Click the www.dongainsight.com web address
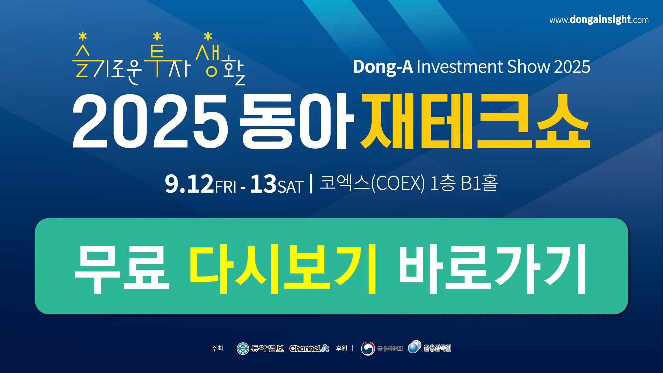point(599,20)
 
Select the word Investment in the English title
point(460,67)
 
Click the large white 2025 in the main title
point(150,121)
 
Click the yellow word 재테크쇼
point(476,121)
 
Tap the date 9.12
point(189,184)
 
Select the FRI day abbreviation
point(226,187)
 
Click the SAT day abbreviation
point(290,187)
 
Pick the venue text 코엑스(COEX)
point(372,183)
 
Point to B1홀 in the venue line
point(479,183)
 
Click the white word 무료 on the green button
point(121,269)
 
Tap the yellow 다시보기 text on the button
point(283,269)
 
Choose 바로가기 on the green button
point(492,269)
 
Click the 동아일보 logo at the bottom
point(260,348)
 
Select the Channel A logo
point(309,348)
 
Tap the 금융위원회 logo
point(382,348)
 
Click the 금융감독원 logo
point(429,347)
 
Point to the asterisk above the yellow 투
point(157,37)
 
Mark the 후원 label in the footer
point(341,348)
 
